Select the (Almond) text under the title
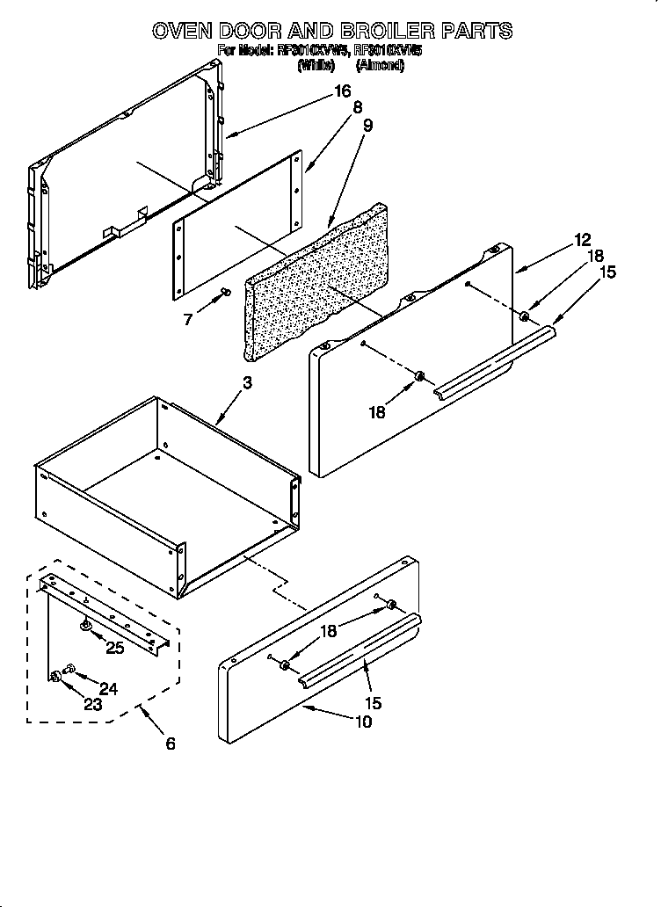click(x=379, y=65)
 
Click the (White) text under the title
click(x=316, y=65)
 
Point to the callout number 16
click(x=342, y=91)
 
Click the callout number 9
click(x=367, y=126)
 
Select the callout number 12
click(x=582, y=239)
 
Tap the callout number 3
click(x=248, y=382)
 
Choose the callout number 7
click(x=188, y=320)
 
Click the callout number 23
click(x=91, y=704)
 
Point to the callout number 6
click(x=170, y=744)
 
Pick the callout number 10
click(x=363, y=722)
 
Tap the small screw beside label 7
click(x=225, y=293)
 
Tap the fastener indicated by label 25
click(x=86, y=625)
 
